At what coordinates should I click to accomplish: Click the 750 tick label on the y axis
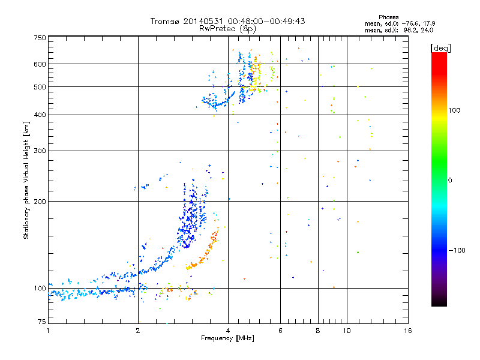pos(40,37)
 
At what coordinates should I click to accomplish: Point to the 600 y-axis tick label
pos(40,64)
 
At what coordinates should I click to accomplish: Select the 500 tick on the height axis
pos(40,86)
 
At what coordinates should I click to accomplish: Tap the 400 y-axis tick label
pos(40,115)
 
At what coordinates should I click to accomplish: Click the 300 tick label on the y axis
pos(40,151)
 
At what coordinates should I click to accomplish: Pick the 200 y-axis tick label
pos(40,201)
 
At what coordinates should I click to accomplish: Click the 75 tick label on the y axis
pos(41,323)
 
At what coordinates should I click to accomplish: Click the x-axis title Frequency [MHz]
pos(228,339)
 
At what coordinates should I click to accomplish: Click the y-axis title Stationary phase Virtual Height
pos(26,180)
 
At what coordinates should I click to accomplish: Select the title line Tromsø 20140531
pos(228,21)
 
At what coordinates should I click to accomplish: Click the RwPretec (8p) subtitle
pos(228,28)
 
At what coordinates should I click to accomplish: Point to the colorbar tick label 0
pos(450,180)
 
